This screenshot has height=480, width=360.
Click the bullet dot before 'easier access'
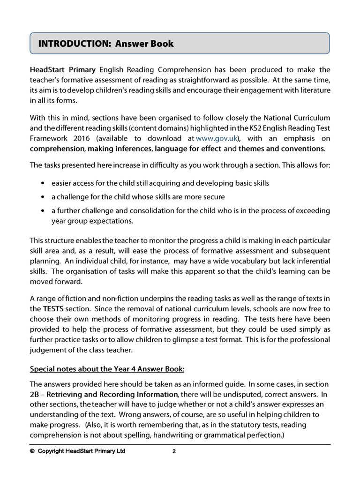(x=43, y=183)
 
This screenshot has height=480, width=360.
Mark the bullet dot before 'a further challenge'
(x=43, y=211)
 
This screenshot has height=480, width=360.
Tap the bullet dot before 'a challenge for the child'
(x=43, y=197)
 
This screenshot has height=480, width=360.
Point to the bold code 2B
(x=35, y=394)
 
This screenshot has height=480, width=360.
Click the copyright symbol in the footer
(x=32, y=452)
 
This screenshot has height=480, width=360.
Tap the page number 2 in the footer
(x=174, y=452)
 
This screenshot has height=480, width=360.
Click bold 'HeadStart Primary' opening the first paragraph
(x=63, y=70)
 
